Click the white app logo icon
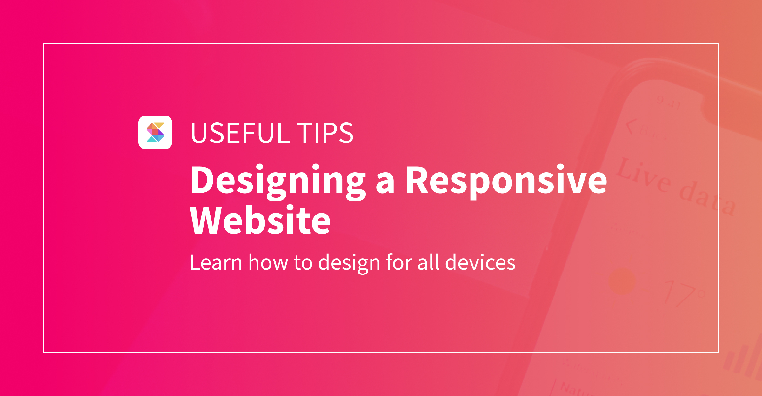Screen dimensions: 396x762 coord(155,132)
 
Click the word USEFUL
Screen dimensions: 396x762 coord(240,133)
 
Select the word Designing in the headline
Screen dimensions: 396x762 coord(278,181)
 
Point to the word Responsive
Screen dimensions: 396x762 coord(506,181)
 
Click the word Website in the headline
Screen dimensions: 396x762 coord(260,221)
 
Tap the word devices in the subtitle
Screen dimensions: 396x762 coord(480,263)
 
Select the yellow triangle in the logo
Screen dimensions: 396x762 coord(159,125)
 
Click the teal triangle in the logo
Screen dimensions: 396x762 coord(152,139)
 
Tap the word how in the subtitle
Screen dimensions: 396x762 coord(268,263)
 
